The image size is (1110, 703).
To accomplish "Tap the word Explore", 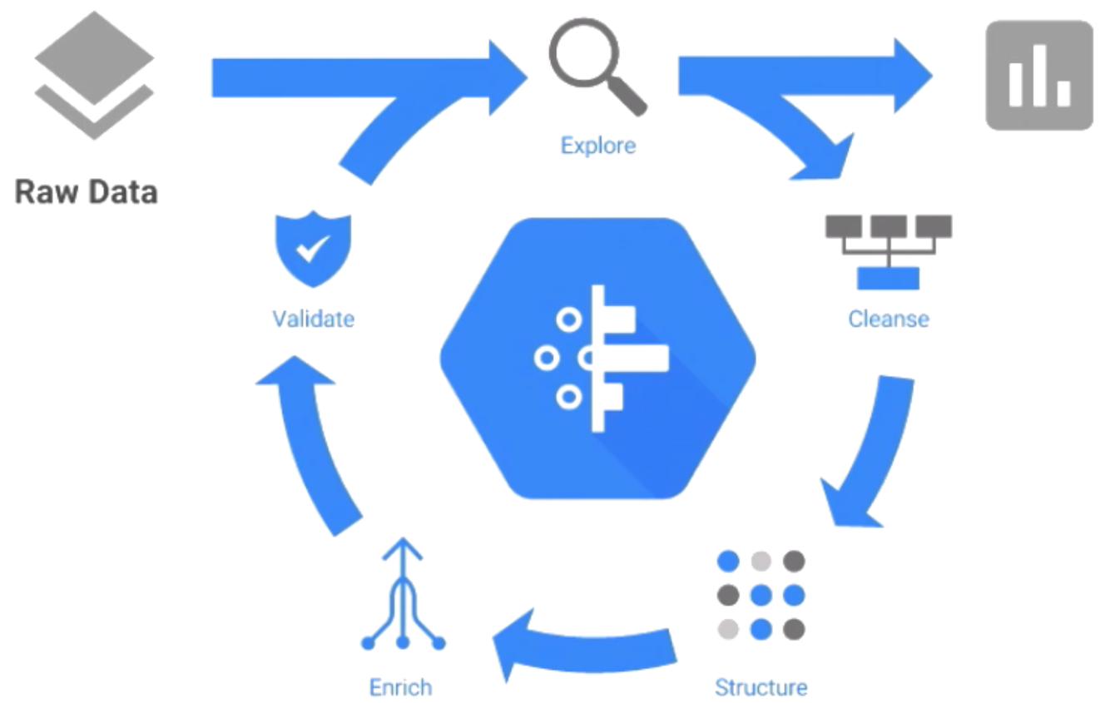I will point(597,146).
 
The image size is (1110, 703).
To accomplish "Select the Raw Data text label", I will point(87,192).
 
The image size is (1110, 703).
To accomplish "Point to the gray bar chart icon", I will point(1038,76).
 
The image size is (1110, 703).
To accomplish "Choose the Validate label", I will point(313,318).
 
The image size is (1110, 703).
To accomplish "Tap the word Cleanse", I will point(888,319).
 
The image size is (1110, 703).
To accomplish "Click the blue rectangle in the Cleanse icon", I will point(888,278).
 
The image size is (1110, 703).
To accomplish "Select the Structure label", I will point(761,687).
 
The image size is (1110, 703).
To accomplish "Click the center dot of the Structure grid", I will point(761,595).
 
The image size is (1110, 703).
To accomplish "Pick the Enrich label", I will point(401,687).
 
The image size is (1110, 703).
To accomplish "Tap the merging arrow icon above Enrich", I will point(403,595).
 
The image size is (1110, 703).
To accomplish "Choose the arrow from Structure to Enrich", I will point(582,645).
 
